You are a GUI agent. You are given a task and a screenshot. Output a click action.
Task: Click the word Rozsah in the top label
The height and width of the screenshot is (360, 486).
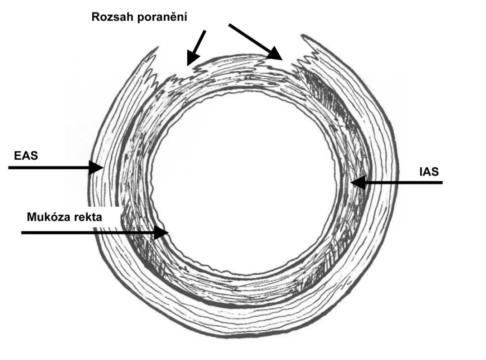[112, 17]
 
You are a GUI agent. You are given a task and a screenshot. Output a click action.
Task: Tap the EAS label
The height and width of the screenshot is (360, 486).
[26, 155]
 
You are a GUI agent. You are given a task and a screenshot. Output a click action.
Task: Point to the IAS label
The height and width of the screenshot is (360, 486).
[429, 171]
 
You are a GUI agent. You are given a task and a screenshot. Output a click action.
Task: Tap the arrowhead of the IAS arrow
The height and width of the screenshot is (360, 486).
[358, 182]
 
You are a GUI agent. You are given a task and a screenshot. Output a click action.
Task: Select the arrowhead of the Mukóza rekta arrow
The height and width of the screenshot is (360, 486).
[161, 232]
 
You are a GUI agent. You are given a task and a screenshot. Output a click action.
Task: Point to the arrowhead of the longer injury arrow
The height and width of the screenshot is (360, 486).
[274, 54]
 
